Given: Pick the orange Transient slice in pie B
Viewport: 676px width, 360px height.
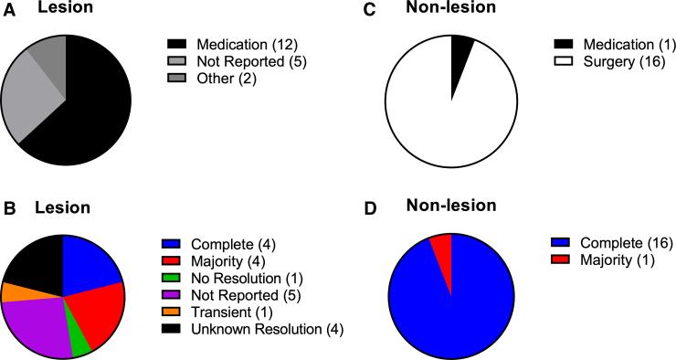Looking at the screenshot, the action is pos(13,291).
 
